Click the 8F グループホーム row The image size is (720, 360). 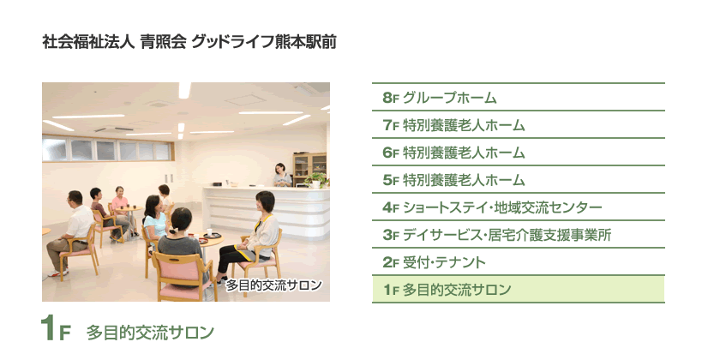[518, 98]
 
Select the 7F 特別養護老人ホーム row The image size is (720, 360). [518, 124]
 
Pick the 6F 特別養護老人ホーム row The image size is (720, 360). [518, 152]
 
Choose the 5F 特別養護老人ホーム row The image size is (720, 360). [518, 179]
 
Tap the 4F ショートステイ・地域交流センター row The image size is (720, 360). [518, 207]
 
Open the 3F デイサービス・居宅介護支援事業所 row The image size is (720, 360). [518, 235]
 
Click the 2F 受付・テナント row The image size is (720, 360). [518, 262]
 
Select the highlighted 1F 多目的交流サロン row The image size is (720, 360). [518, 290]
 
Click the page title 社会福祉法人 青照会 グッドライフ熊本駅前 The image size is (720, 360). [189, 42]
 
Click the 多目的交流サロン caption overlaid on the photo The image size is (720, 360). [273, 285]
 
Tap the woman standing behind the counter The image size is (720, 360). [282, 175]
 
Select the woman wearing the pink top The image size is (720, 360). [121, 210]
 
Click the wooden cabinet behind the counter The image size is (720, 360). [309, 169]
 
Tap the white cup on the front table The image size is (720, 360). [209, 232]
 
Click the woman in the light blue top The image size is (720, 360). [155, 220]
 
